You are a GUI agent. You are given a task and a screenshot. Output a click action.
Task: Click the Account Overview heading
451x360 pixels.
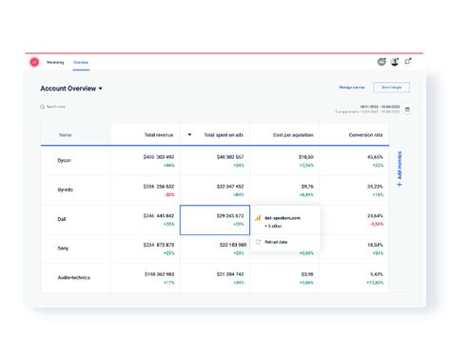tap(69, 89)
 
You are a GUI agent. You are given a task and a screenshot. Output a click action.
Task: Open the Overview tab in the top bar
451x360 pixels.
tap(82, 62)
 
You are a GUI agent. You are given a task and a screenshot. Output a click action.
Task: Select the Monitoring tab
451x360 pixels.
tap(56, 62)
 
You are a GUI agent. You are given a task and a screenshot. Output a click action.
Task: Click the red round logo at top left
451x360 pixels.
tap(34, 62)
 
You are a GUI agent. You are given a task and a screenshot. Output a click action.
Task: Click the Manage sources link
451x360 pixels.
tap(353, 88)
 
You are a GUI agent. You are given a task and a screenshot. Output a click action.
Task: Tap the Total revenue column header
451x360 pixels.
tap(157, 135)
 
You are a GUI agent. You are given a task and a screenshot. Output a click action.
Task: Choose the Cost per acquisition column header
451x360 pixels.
tap(293, 135)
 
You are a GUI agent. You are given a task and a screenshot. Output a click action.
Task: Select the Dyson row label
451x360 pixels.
tap(64, 160)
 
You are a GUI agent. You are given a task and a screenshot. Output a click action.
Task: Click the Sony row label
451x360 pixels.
tap(64, 248)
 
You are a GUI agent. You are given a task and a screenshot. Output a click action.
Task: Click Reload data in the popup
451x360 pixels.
tap(277, 242)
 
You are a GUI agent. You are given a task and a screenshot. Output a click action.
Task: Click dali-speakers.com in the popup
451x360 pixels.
tap(283, 217)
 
